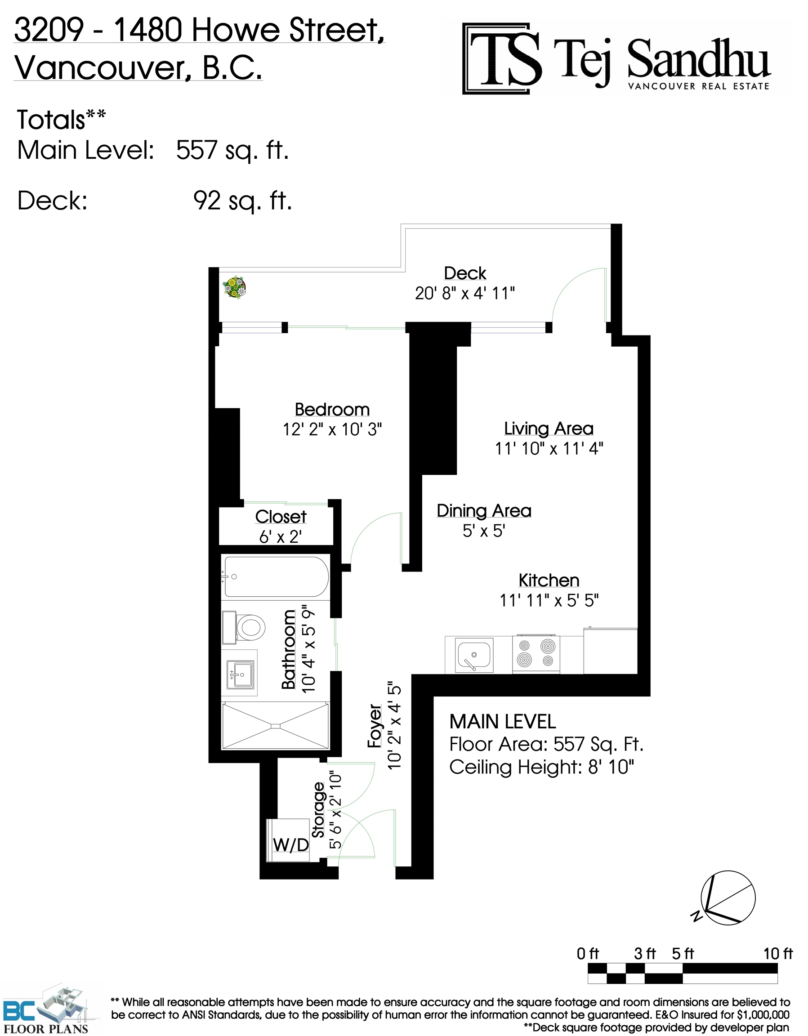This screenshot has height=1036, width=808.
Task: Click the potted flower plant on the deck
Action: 234,287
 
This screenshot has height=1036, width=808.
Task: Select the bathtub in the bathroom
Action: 276,576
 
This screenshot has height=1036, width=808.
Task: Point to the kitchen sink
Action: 474,655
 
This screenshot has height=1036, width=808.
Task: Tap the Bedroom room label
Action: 332,409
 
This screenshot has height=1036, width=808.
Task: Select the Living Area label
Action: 549,429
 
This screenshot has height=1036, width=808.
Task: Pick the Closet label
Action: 281,517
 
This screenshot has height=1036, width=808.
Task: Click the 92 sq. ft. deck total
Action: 242,201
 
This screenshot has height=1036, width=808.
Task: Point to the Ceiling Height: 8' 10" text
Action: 542,767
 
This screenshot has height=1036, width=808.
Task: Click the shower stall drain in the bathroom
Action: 276,726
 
